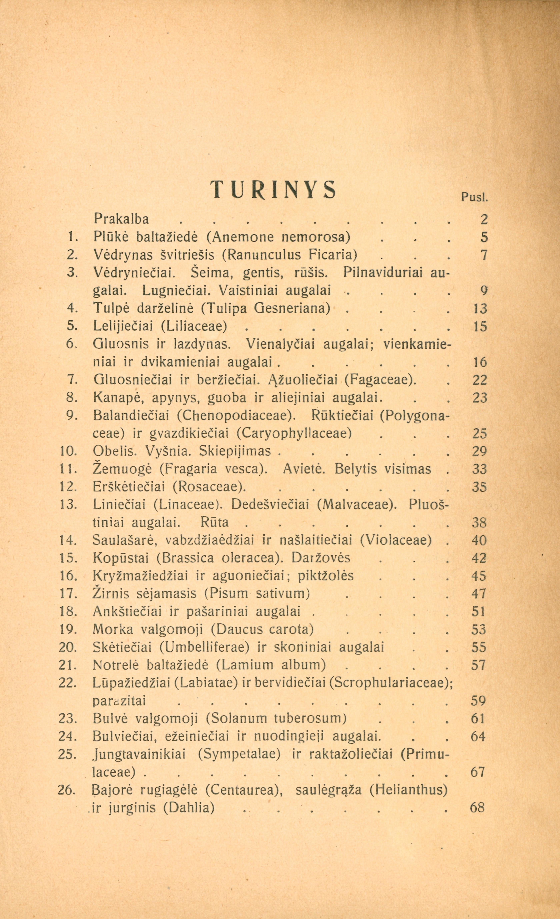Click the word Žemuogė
click(123, 469)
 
